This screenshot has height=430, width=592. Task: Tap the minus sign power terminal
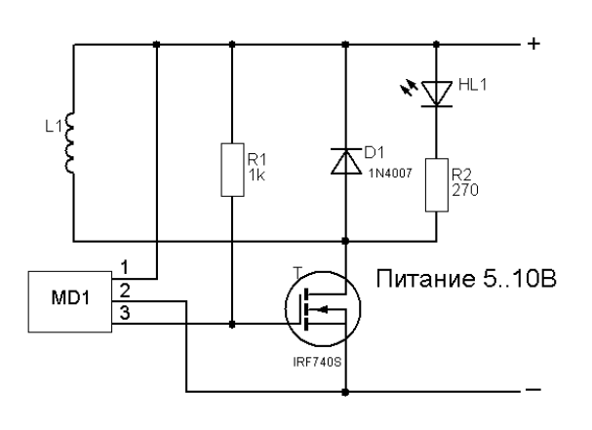(533, 391)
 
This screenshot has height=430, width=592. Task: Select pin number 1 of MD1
(123, 266)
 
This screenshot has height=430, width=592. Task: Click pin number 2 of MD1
(124, 290)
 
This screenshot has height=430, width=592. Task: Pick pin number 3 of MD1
(124, 312)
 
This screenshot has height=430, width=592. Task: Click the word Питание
(422, 282)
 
